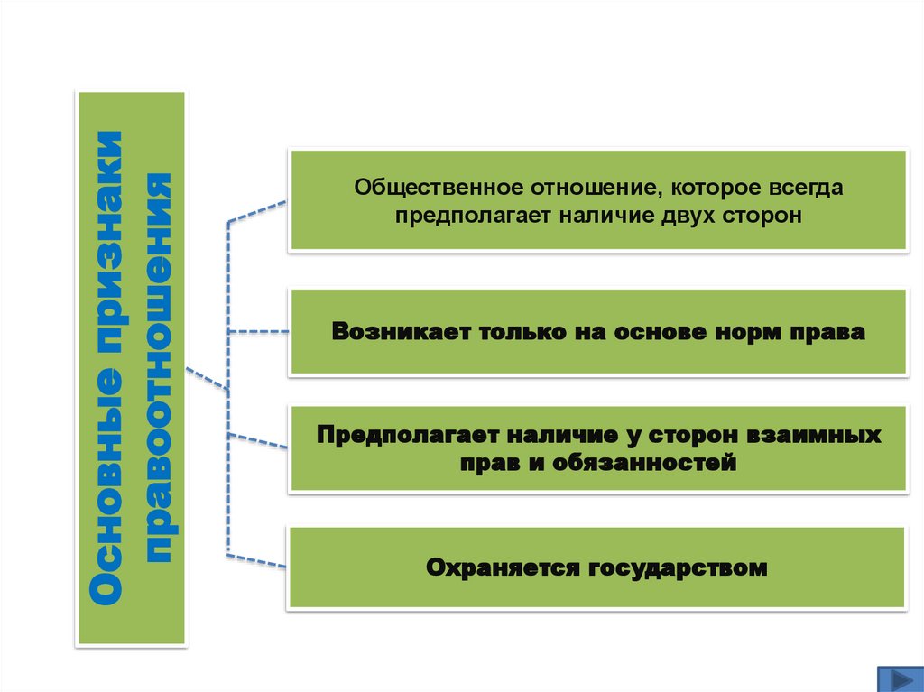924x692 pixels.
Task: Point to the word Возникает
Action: click(394, 332)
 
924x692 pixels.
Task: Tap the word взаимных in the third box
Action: click(814, 435)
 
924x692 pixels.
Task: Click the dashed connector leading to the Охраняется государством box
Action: click(257, 560)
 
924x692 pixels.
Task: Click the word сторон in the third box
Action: click(696, 435)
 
